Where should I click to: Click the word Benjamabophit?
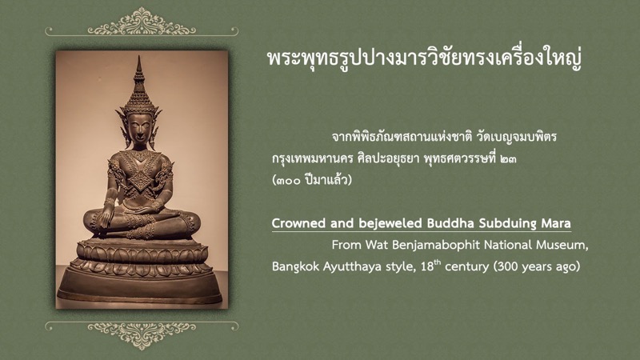[x=436, y=245]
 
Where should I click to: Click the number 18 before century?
[x=427, y=266]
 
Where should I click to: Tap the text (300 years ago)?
[x=537, y=267]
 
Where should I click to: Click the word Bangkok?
[x=296, y=266]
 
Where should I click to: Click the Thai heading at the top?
[x=424, y=58]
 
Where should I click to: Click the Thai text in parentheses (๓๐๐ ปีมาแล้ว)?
[x=312, y=180]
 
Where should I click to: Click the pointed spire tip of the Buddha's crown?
[x=139, y=57]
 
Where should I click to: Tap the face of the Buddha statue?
[x=139, y=127]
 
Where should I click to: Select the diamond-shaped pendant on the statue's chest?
[x=141, y=178]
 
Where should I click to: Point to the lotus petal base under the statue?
[x=142, y=258]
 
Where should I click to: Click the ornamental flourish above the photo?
[x=142, y=22]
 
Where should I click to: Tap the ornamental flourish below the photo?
[x=142, y=333]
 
